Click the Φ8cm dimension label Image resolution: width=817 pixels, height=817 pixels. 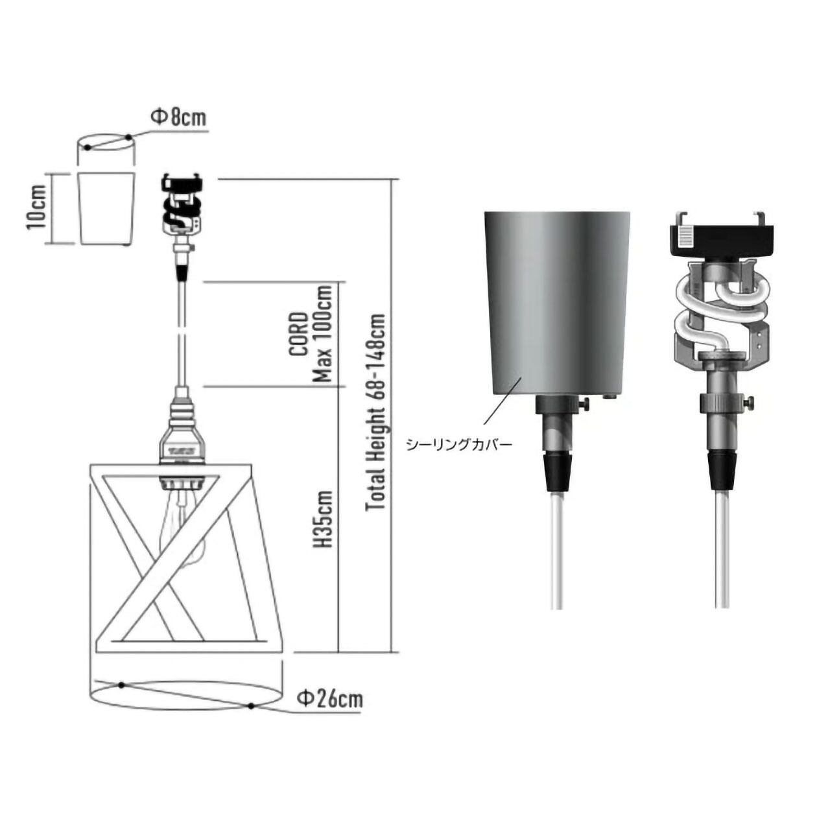tap(178, 117)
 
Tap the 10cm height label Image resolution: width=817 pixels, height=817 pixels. tap(37, 207)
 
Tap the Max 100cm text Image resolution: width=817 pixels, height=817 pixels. tap(322, 334)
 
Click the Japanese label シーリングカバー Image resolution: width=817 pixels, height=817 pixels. tap(458, 445)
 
